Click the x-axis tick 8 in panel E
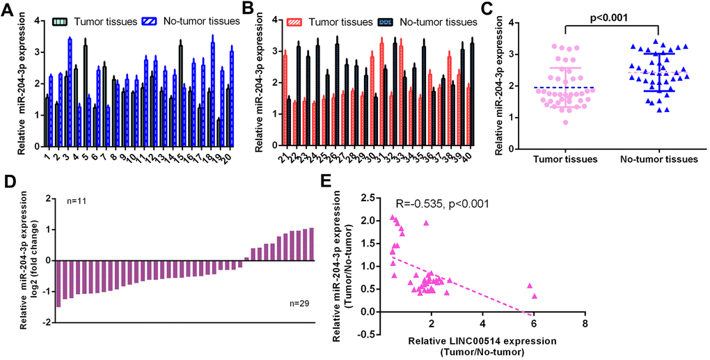[585, 325]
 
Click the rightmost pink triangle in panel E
[535, 296]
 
